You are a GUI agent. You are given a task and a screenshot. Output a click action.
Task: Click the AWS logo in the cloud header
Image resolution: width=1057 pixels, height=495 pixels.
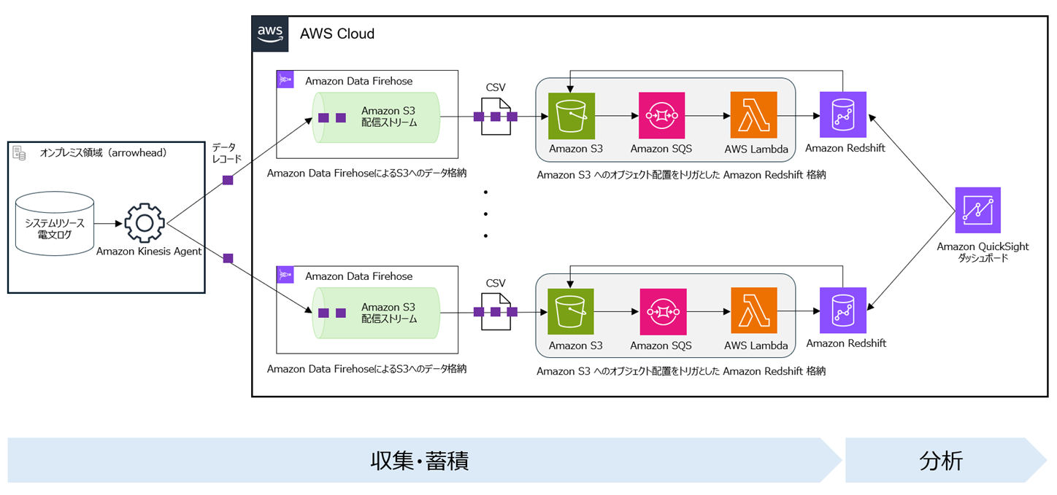pos(270,34)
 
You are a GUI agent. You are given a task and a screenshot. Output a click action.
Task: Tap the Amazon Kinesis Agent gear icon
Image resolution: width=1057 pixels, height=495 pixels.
pos(145,223)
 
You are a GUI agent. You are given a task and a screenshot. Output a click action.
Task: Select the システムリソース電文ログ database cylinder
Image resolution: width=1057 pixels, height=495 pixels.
pos(55,224)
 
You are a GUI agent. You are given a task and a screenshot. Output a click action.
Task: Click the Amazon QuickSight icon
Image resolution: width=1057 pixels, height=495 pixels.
pos(977,210)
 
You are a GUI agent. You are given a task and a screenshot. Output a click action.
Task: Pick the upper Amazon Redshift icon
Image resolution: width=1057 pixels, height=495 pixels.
pos(843,114)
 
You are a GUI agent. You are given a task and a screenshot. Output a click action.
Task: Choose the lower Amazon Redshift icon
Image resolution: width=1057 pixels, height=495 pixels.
pos(843,310)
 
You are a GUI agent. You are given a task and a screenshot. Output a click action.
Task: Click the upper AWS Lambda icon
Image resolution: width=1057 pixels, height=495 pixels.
pos(753,115)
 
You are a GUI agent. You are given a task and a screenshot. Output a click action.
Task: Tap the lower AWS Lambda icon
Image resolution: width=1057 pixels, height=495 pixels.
pos(754,311)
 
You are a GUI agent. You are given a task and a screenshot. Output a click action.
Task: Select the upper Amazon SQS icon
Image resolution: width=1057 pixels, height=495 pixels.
pos(661,115)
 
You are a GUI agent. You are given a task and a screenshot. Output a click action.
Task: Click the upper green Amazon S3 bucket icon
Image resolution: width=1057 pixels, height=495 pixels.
pos(571,115)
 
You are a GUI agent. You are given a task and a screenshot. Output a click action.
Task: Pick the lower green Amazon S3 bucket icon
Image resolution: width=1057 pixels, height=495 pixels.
pos(571,311)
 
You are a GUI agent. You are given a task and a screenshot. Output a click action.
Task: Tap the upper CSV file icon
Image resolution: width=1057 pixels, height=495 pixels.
pos(496,117)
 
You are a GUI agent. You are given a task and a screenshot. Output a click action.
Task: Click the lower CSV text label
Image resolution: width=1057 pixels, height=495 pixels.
pos(496,283)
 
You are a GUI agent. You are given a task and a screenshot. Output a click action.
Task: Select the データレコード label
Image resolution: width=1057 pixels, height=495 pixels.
pos(227,152)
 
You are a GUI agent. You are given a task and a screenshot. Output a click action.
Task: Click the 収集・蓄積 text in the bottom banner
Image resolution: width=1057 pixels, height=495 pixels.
pos(420,461)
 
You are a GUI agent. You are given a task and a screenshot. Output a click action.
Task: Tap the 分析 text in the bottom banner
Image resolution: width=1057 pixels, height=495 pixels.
pos(941,461)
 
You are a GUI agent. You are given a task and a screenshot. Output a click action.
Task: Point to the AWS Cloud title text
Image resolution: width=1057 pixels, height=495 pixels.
pos(337,34)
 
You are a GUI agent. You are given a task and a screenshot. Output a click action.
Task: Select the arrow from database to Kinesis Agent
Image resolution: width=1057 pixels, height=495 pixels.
pos(108,223)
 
